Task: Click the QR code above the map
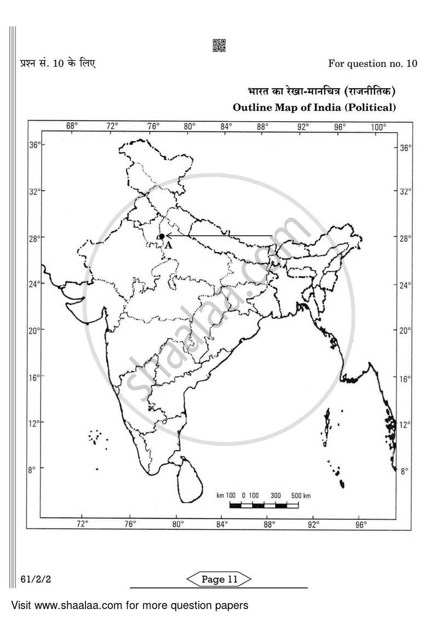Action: click(x=219, y=46)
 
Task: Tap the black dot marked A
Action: click(x=162, y=236)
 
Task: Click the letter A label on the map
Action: click(x=168, y=246)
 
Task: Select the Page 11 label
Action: click(x=219, y=579)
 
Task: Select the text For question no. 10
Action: click(x=372, y=64)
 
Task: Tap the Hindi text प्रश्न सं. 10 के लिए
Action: click(x=54, y=63)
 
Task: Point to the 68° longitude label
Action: click(x=72, y=127)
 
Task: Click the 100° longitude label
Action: click(x=378, y=127)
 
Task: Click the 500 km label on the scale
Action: click(x=301, y=496)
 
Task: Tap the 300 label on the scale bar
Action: click(x=275, y=496)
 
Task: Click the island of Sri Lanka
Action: click(x=189, y=480)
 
